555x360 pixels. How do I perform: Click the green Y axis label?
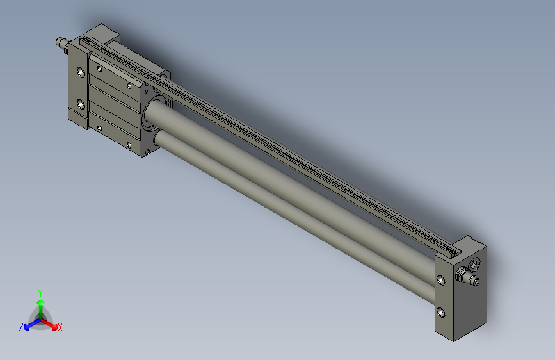click(40, 292)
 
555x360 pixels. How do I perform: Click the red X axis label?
click(60, 327)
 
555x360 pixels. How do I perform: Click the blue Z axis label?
click(21, 327)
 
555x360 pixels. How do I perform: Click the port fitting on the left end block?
click(61, 44)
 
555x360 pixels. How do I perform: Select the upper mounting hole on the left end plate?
click(81, 72)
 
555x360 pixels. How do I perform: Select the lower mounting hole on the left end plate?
click(81, 104)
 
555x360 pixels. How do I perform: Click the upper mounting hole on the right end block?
click(441, 280)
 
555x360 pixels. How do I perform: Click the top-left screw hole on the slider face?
click(99, 67)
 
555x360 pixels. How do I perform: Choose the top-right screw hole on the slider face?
click(129, 85)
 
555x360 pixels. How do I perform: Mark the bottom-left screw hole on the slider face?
click(99, 127)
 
